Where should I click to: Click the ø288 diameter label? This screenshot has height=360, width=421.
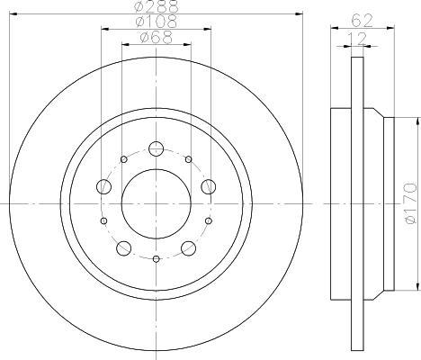tap(156, 6)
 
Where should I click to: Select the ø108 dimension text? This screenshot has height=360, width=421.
tap(156, 22)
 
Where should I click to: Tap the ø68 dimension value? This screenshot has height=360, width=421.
tap(157, 38)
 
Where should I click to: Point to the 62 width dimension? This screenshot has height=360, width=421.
tap(362, 21)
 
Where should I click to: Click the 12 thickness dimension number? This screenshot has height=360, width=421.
tap(357, 39)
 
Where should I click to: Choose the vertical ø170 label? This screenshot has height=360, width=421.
tap(410, 202)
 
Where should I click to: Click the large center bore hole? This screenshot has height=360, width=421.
tap(157, 204)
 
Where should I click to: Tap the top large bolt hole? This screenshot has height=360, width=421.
tap(156, 148)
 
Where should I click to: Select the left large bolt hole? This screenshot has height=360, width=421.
tap(104, 186)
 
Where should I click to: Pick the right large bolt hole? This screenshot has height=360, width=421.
tap(208, 186)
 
